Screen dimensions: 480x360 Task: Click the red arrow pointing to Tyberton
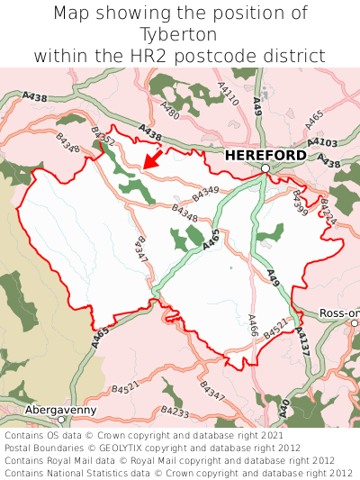point(153,159)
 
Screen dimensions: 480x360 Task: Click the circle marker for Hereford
point(265,168)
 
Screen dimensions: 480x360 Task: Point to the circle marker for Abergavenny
point(61,420)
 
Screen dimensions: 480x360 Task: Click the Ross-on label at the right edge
point(339,313)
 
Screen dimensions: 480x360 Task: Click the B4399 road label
point(300,202)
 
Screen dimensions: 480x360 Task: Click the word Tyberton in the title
point(179,34)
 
